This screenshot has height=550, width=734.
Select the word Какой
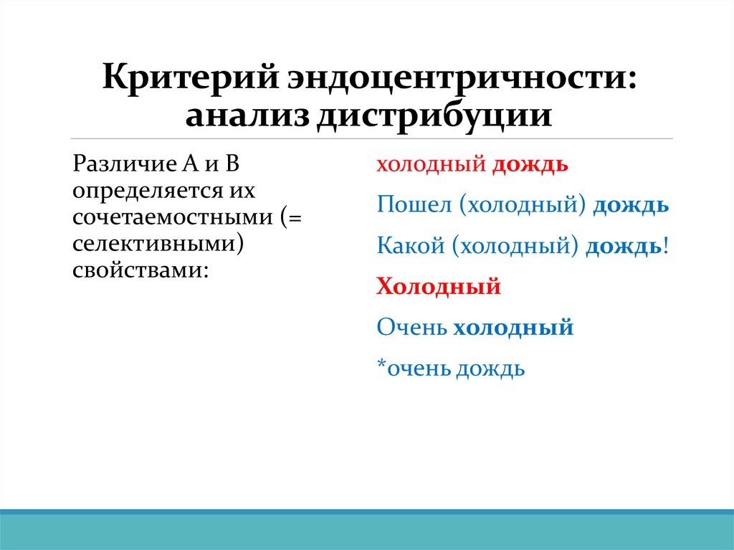(x=409, y=247)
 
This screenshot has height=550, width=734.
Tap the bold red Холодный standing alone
(x=439, y=288)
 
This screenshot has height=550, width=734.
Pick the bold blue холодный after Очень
(x=513, y=328)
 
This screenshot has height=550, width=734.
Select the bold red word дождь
(x=530, y=165)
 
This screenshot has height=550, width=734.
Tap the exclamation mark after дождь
(x=666, y=247)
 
